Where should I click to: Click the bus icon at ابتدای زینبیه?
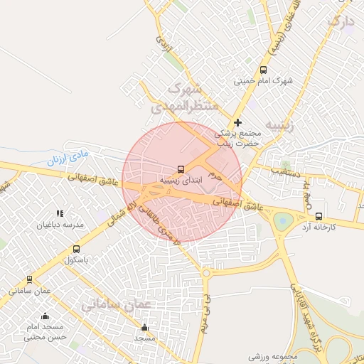[x=181, y=169]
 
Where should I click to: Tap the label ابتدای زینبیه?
[x=181, y=181]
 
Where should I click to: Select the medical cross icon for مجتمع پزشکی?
[x=237, y=122]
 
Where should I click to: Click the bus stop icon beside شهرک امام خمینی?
[x=264, y=70]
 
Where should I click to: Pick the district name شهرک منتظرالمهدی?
[x=181, y=100]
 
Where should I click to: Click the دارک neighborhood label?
[x=339, y=22]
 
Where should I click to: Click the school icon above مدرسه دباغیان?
[x=60, y=213]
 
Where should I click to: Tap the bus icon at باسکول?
[x=76, y=249]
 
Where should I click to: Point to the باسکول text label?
[x=76, y=260]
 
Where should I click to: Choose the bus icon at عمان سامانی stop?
[x=30, y=280]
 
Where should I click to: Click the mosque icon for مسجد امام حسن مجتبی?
[x=45, y=316]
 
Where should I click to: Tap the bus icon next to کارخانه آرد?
[x=318, y=216]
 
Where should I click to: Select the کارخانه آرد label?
[x=318, y=227]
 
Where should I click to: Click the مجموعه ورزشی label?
[x=271, y=355]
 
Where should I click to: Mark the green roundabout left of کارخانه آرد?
[x=284, y=220]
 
